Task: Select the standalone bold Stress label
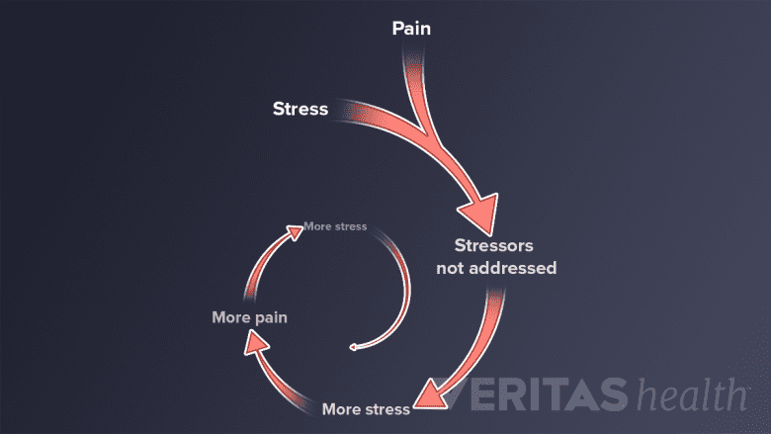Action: pyautogui.click(x=300, y=108)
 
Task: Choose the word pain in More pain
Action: pyautogui.click(x=269, y=317)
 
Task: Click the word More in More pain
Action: pyautogui.click(x=230, y=317)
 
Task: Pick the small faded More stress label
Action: pyautogui.click(x=335, y=226)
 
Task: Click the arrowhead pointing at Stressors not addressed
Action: pyautogui.click(x=479, y=211)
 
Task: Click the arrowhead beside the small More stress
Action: pyautogui.click(x=296, y=230)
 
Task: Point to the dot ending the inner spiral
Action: pyautogui.click(x=352, y=348)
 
